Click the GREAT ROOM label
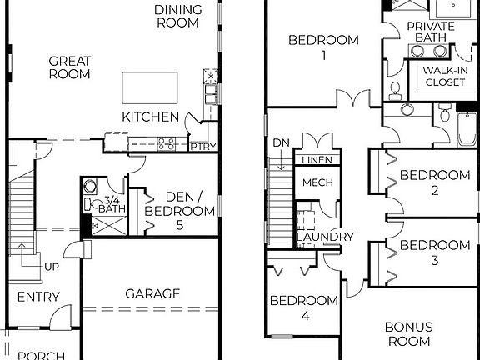(69, 67)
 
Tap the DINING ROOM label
(177, 16)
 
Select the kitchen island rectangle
(150, 86)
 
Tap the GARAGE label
(152, 293)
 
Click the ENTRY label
(38, 297)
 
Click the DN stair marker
(282, 142)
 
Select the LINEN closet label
(315, 160)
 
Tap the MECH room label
(317, 182)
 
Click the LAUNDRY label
(325, 237)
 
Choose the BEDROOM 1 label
(323, 47)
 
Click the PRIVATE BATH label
(431, 32)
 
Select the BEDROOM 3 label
(434, 252)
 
